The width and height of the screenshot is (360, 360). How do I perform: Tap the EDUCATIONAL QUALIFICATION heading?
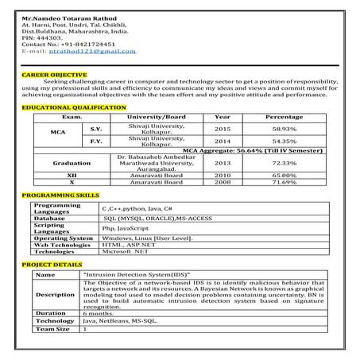point(70,106)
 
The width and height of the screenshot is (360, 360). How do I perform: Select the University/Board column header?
point(156,116)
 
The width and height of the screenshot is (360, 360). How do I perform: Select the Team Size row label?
point(54,328)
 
